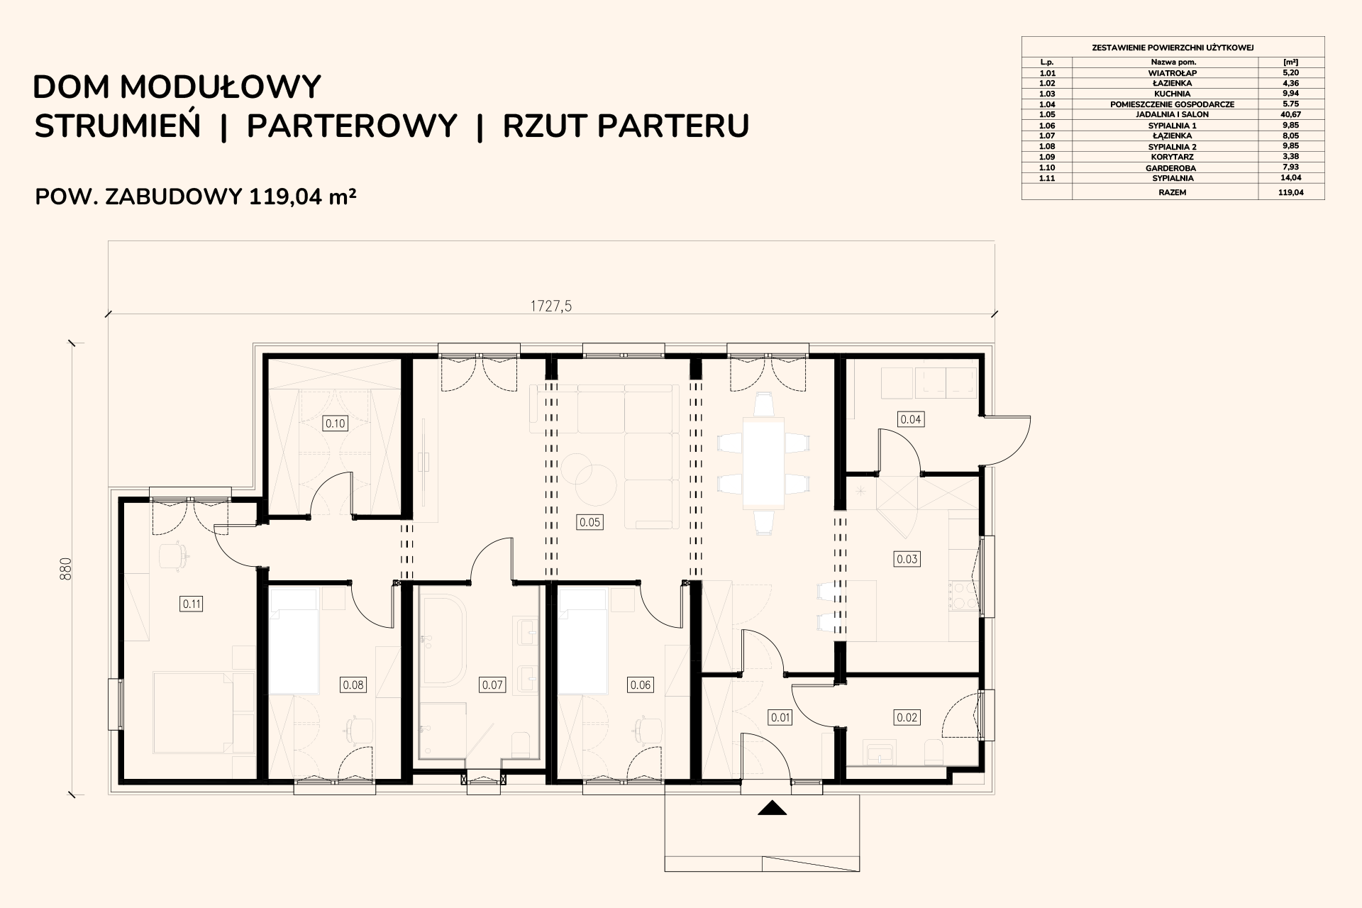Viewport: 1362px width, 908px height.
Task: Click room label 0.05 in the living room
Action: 589,522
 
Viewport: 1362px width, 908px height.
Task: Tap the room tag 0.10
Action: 335,423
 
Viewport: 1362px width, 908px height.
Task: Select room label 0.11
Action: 192,604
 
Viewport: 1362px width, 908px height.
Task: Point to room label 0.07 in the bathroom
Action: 492,685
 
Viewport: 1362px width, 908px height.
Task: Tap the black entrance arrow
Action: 773,807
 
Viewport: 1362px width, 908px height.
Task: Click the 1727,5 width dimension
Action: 551,306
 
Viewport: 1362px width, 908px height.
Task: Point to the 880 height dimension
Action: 66,569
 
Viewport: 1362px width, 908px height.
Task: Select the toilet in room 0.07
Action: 520,743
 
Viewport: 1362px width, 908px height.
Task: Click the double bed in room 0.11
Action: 193,715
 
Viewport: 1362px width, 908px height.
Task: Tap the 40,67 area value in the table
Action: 1291,114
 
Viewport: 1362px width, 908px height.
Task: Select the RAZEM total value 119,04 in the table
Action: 1291,192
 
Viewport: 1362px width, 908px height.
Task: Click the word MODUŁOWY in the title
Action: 221,87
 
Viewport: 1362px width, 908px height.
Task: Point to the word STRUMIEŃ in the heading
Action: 118,126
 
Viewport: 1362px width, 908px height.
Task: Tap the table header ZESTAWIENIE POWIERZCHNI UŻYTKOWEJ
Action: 1173,48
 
